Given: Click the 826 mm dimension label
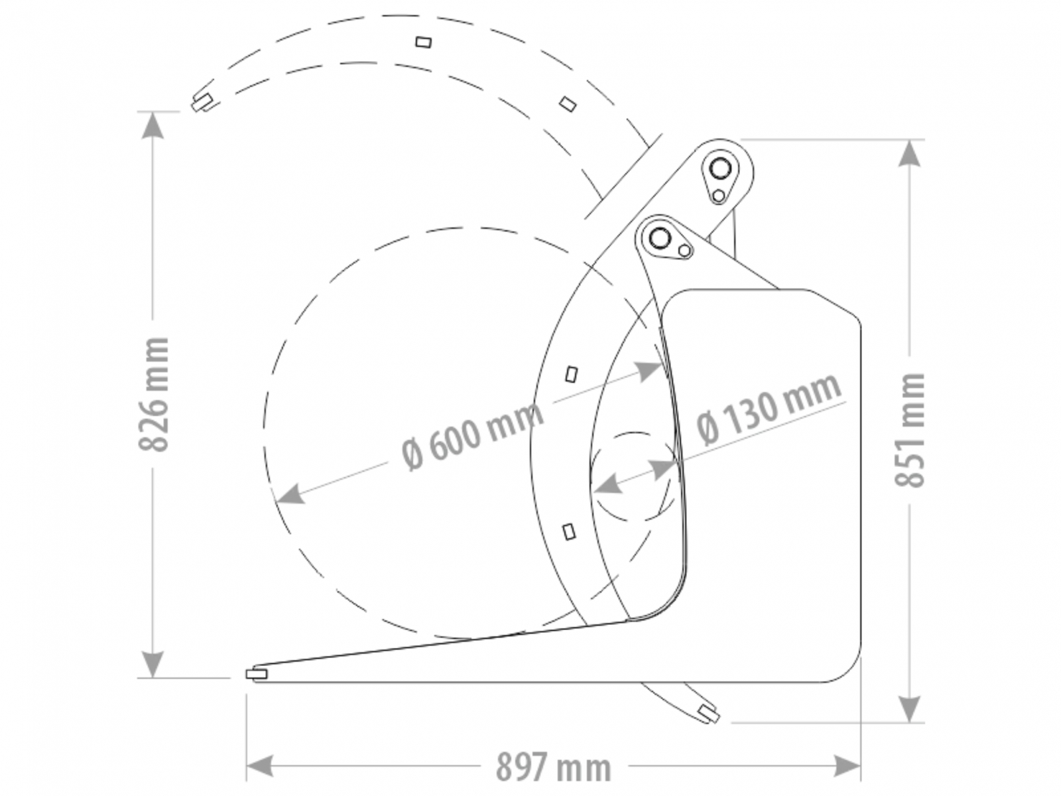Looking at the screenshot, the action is point(154,394).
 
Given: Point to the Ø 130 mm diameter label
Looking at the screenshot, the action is point(769,408).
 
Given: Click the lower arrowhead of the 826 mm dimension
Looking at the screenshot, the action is point(153,664).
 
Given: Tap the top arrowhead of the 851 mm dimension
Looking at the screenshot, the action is point(909,153).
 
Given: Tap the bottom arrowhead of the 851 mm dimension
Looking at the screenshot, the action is point(909,709).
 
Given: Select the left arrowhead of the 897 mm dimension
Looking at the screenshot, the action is point(260,765).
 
